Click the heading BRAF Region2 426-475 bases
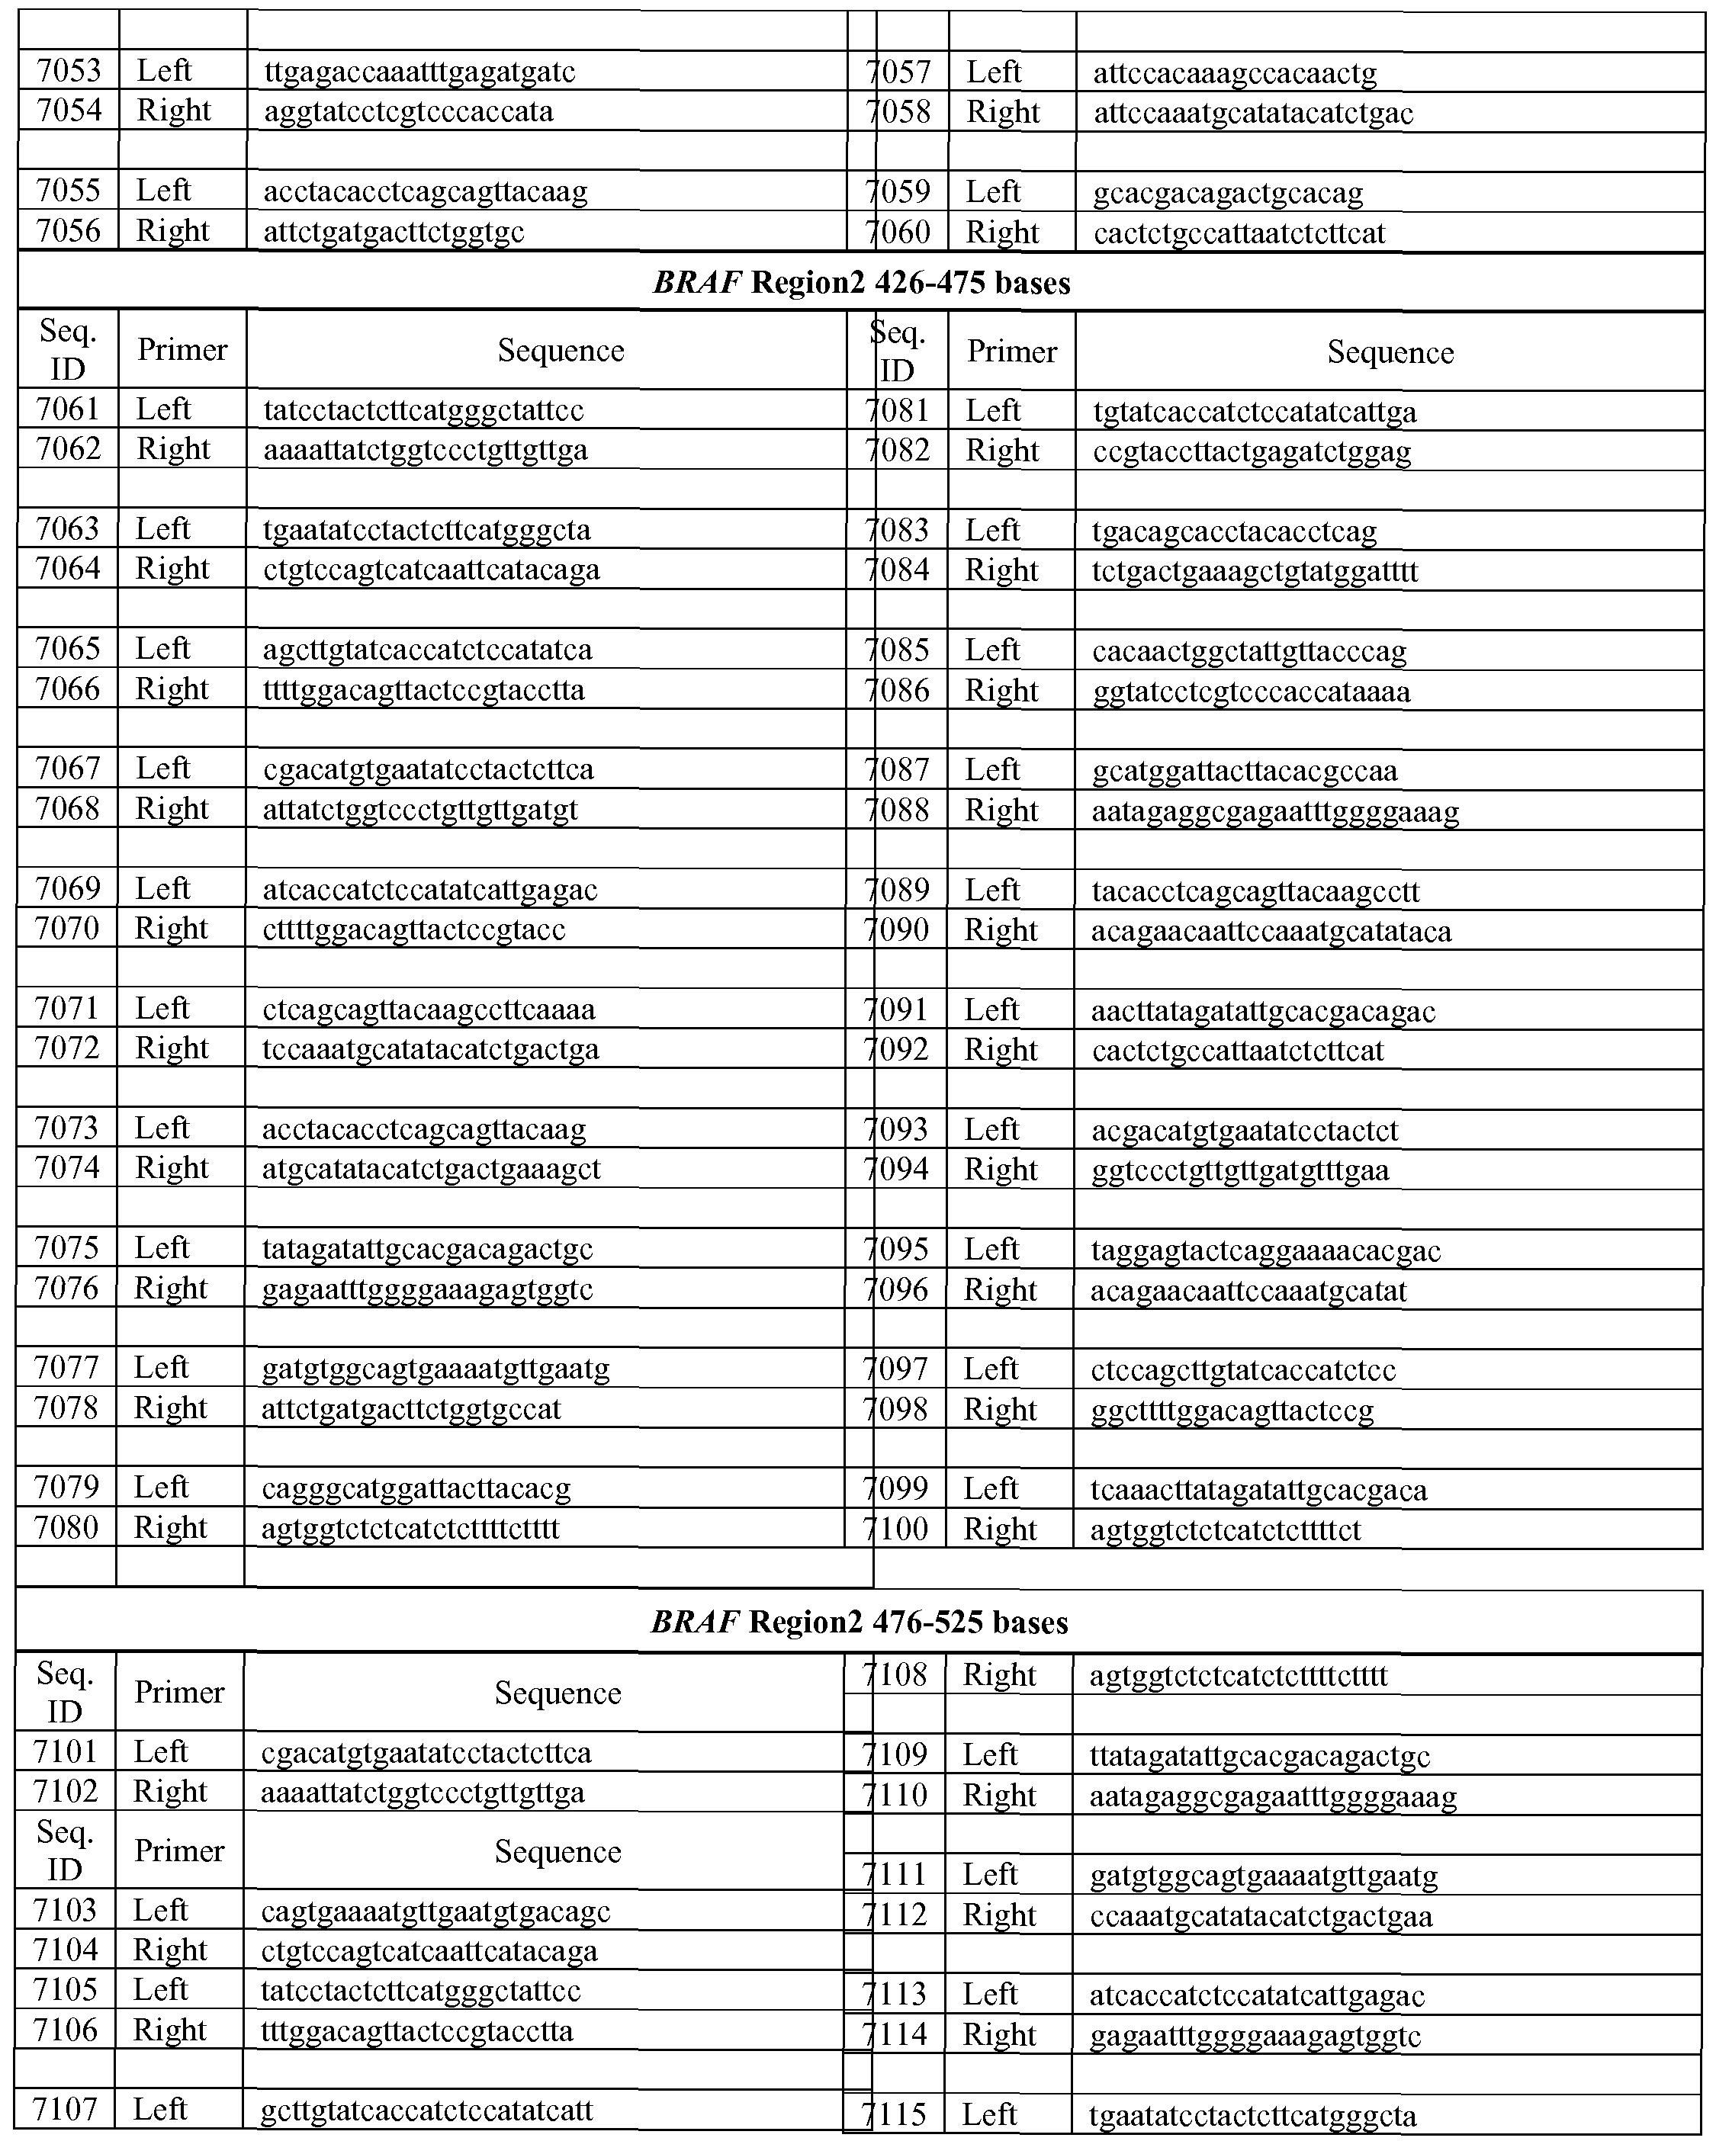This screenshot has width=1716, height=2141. [x=861, y=283]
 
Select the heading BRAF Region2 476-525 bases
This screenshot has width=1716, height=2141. [x=859, y=1622]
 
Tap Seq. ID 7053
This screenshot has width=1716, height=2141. [x=69, y=70]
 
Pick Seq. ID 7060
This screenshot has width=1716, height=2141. [x=898, y=233]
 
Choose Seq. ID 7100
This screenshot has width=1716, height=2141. [x=898, y=1528]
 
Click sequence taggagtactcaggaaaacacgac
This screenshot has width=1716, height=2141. [x=1265, y=1250]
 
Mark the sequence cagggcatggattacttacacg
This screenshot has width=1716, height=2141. [x=416, y=1488]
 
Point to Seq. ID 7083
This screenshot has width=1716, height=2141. [x=898, y=530]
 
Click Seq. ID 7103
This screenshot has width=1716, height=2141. [x=66, y=1910]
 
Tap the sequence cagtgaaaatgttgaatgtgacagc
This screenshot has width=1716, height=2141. [x=435, y=1911]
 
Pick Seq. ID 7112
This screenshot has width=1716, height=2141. [x=897, y=1915]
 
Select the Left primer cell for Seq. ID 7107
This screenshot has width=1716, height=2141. [x=160, y=2108]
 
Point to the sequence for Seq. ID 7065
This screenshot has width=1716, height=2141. [x=427, y=650]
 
